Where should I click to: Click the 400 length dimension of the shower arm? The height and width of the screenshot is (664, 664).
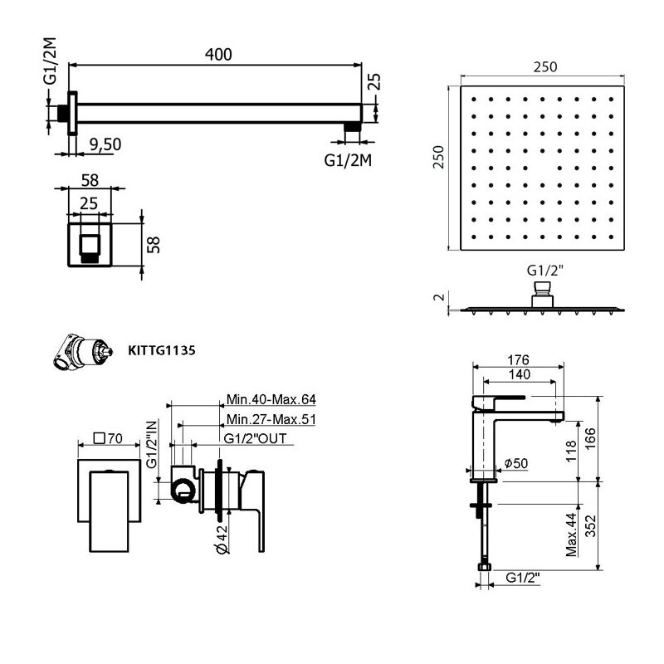[218, 54]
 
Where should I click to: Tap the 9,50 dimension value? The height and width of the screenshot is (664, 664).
[105, 144]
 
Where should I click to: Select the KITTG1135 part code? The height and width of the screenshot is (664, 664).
[161, 350]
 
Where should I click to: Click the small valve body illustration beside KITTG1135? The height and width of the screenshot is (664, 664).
[83, 351]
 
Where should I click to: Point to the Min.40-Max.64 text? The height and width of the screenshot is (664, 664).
[271, 399]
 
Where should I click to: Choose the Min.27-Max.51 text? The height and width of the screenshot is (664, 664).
[271, 419]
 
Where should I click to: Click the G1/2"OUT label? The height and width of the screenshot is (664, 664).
[255, 439]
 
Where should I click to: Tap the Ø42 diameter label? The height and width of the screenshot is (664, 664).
[222, 539]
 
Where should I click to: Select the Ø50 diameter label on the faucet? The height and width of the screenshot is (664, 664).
[515, 463]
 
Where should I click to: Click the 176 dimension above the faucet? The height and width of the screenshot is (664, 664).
[518, 360]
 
